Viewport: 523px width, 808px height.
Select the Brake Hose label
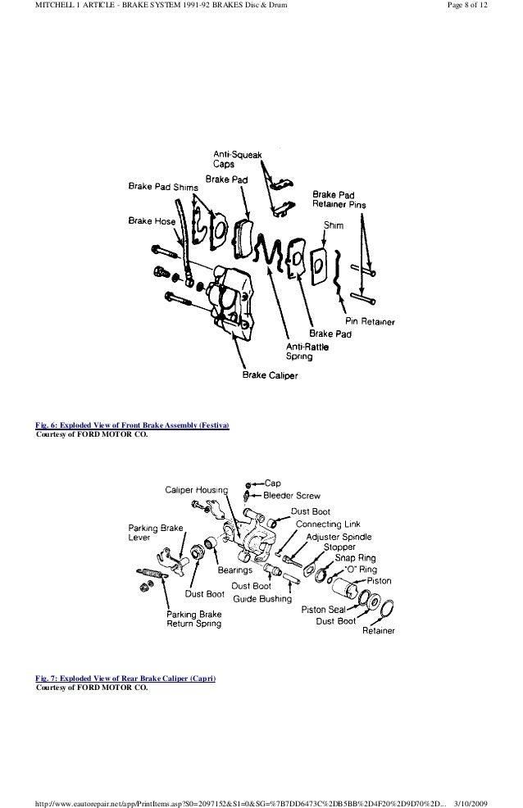[x=150, y=220]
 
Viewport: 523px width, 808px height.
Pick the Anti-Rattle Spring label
[x=304, y=351]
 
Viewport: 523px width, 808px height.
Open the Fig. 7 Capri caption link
[x=126, y=679]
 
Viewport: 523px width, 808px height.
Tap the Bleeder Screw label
[x=292, y=496]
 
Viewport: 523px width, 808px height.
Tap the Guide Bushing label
[x=262, y=598]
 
